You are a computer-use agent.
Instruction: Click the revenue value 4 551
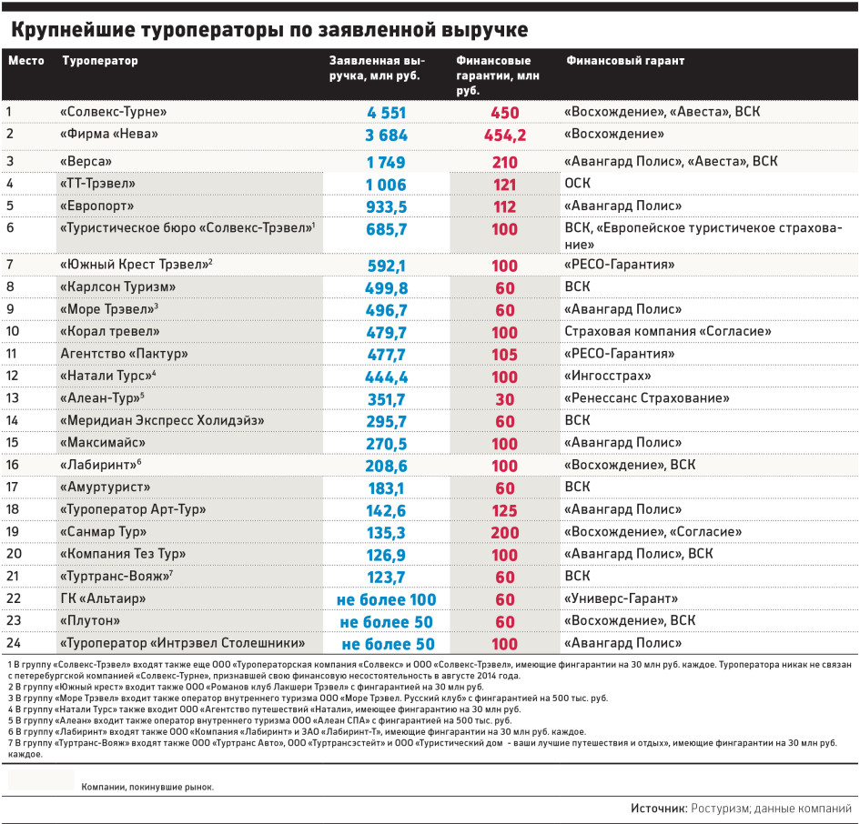387,113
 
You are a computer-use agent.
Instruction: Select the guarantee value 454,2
504,136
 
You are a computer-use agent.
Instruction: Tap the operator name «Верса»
86,161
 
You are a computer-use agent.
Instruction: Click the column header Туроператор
100,60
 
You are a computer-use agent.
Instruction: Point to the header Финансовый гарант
625,60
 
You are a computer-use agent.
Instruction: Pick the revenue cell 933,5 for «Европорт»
387,206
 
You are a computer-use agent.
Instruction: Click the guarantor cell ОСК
578,183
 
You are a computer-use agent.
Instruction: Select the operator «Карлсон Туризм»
118,286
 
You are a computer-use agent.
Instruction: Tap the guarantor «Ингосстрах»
608,377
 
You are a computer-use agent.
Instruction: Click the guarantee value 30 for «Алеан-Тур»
504,399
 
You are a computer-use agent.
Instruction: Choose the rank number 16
12,465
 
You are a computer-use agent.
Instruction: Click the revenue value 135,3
387,533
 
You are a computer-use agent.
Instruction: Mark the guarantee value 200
504,533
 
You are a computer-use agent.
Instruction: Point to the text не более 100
387,599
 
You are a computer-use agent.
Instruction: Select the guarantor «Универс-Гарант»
621,598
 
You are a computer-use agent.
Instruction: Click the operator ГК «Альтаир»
103,598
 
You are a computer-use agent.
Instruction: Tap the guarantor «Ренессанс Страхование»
647,398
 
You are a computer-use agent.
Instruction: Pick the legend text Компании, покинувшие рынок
147,788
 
